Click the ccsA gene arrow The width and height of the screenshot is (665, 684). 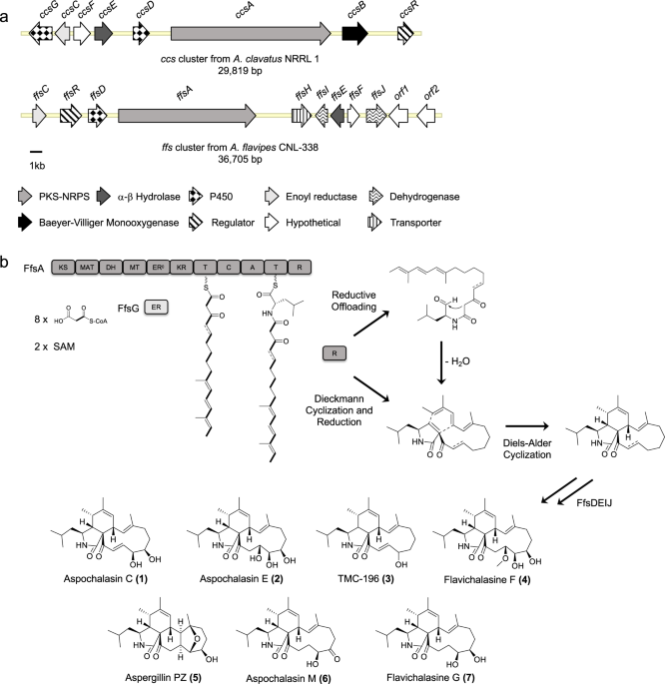(x=251, y=34)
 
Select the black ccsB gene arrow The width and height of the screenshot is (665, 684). (x=354, y=34)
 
